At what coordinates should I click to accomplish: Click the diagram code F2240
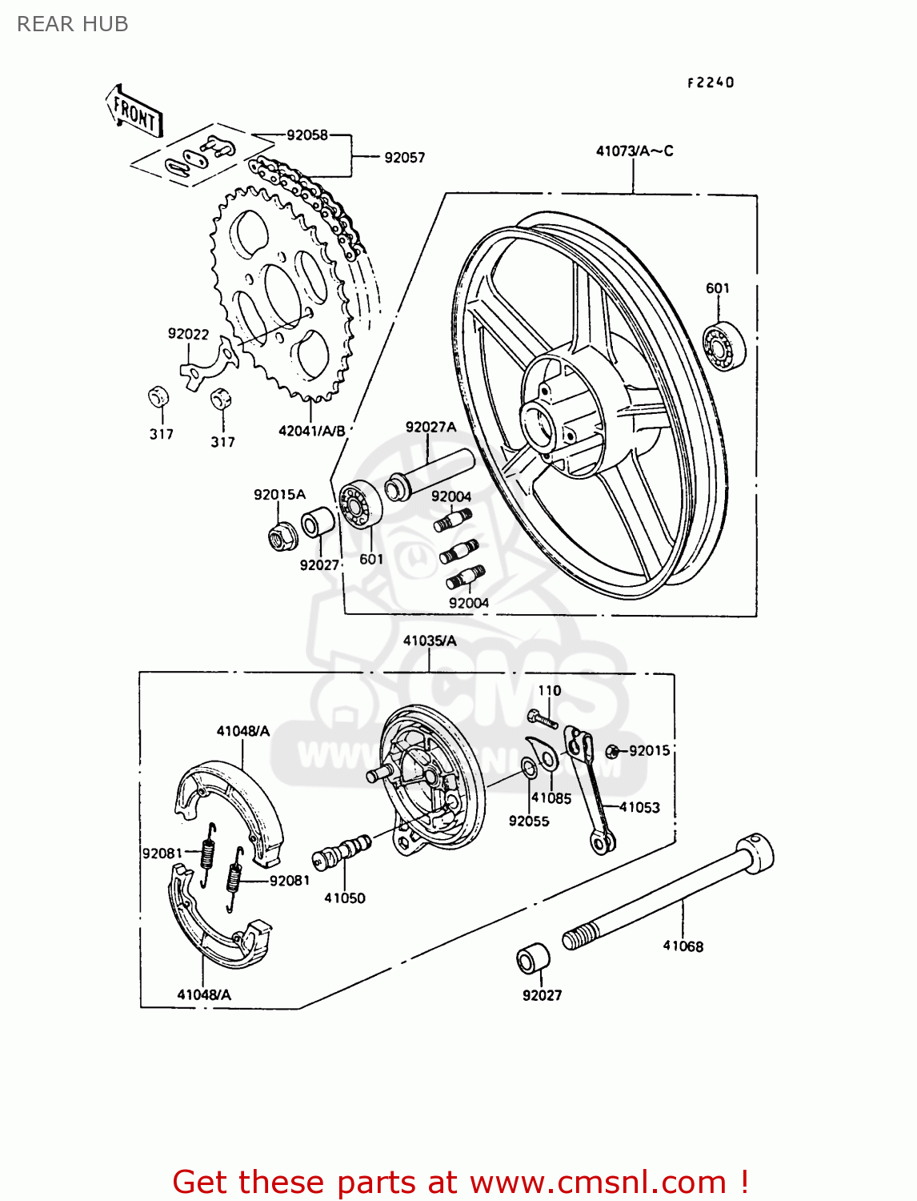710,82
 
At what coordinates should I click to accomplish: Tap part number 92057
404,158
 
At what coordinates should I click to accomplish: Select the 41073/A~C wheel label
635,151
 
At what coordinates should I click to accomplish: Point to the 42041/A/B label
311,431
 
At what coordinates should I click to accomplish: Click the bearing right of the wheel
723,346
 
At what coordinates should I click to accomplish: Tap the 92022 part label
188,334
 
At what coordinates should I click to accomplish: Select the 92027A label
430,427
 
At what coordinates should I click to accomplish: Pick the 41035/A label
430,641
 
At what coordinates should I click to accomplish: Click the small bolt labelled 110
542,717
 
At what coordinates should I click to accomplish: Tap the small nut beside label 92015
612,751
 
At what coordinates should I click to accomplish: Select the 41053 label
639,807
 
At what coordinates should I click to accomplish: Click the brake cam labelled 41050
344,850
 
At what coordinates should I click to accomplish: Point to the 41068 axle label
683,946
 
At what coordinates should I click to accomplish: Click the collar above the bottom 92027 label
533,958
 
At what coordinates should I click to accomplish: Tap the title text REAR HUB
73,24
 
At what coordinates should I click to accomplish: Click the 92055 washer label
529,821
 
